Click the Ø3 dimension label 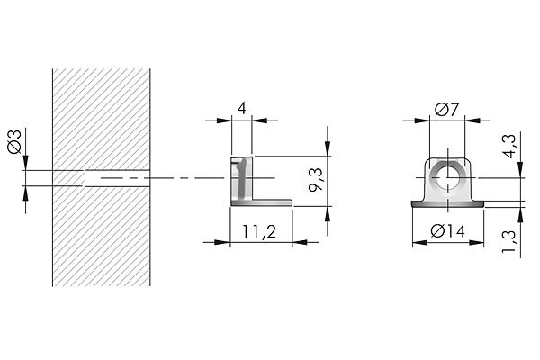[14, 141]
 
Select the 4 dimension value [242, 109]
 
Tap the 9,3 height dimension [316, 179]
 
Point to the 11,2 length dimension [259, 231]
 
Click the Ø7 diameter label [446, 110]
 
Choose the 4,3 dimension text [509, 146]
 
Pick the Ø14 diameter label [447, 230]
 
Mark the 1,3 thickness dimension [509, 241]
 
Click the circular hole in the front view [448, 178]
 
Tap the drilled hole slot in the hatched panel [117, 178]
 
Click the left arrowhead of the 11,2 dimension [222, 242]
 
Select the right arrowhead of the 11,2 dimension [300, 242]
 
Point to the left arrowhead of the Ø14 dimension [420, 243]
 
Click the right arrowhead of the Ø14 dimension [476, 243]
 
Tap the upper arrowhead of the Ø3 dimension [25, 163]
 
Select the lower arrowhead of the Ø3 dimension [25, 193]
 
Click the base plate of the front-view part [448, 204]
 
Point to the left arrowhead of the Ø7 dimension [423, 121]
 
